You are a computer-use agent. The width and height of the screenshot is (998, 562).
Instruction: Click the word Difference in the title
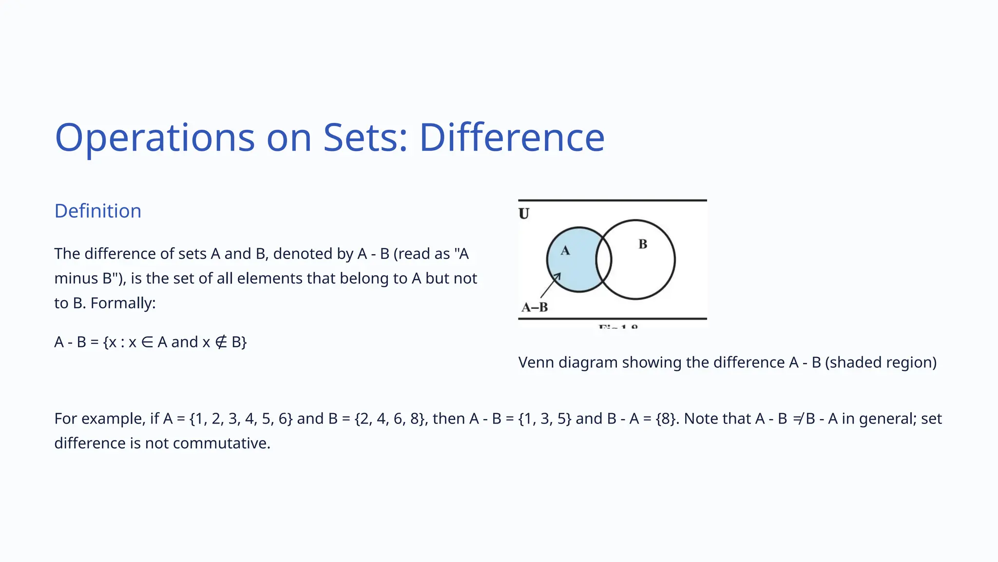[512, 138]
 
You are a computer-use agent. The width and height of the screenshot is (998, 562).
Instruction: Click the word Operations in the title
[155, 138]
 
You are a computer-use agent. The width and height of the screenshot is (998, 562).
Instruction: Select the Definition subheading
[98, 211]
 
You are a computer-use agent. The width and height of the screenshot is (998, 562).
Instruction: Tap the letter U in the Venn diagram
[524, 214]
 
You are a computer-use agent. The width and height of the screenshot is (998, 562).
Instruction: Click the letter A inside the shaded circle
[565, 251]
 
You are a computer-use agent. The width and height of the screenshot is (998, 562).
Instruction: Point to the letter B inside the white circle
[643, 244]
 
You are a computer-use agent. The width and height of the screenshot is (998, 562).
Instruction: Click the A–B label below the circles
[535, 307]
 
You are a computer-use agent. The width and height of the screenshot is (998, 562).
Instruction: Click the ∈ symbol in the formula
[147, 342]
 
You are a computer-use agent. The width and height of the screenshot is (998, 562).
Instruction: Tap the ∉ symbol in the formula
[221, 342]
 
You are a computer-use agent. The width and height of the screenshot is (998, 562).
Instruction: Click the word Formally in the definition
[122, 303]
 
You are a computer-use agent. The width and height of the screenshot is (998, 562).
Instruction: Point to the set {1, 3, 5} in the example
[545, 419]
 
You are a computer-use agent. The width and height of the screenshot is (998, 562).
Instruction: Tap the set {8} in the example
[667, 419]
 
